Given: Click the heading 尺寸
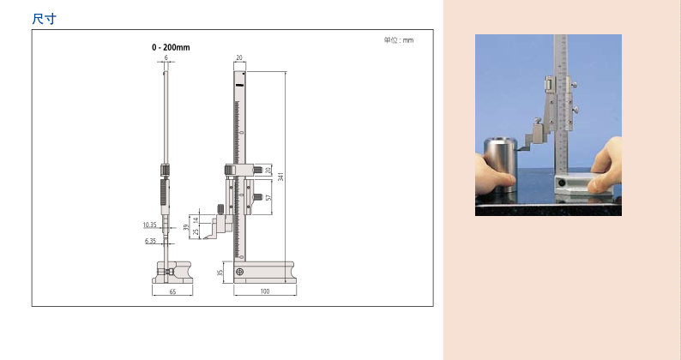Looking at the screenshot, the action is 45,19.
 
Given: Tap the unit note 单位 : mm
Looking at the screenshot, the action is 399,40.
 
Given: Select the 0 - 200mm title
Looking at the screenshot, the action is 171,47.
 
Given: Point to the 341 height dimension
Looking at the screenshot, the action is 280,177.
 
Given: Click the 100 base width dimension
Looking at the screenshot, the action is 265,291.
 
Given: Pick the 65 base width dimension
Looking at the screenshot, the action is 172,291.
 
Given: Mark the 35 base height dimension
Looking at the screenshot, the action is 220,273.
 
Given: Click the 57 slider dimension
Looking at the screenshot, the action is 268,198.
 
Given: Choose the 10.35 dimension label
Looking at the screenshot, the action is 150,225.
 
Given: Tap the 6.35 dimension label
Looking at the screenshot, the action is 150,241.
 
